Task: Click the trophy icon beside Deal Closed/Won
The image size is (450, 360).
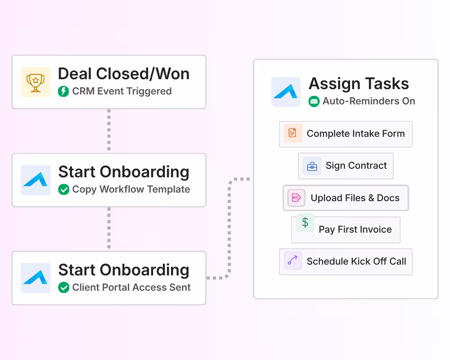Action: (36, 82)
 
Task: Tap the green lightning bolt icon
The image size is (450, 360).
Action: (63, 91)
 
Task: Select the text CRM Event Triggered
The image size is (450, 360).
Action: (122, 91)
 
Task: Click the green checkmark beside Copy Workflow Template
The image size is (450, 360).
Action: (63, 189)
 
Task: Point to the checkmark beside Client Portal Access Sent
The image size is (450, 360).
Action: (63, 288)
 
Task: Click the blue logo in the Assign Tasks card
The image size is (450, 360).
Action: (286, 92)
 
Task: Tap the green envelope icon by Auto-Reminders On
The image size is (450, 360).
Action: (314, 101)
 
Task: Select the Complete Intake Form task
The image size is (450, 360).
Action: (346, 134)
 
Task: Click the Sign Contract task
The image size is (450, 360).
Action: (346, 166)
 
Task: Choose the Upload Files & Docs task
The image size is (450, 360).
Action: (346, 198)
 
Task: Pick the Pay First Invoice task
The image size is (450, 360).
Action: (346, 229)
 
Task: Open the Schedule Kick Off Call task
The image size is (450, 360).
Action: (346, 261)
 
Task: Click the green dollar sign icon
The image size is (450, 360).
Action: (305, 222)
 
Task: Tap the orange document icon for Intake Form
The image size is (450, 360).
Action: (293, 133)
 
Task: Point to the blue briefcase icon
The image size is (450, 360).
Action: (312, 166)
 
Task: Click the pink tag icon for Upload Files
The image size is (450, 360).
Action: (296, 198)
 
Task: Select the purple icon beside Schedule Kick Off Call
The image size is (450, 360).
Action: (293, 261)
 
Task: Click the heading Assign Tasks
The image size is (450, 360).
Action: (359, 84)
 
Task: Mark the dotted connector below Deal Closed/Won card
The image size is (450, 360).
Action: (108, 130)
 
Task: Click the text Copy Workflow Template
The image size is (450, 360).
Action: (131, 189)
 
